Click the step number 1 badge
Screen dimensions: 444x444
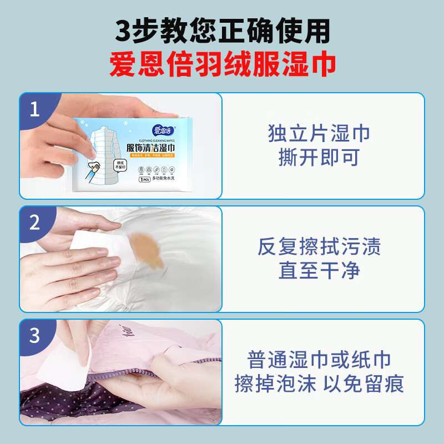[35, 109]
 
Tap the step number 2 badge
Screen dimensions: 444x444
[35, 223]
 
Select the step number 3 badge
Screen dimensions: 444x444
[35, 336]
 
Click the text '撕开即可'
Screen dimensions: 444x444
[319, 158]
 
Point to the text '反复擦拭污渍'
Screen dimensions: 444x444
[319, 247]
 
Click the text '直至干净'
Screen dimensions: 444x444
[319, 270]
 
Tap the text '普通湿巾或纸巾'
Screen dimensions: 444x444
[319, 360]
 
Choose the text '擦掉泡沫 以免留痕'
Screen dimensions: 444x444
[319, 384]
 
